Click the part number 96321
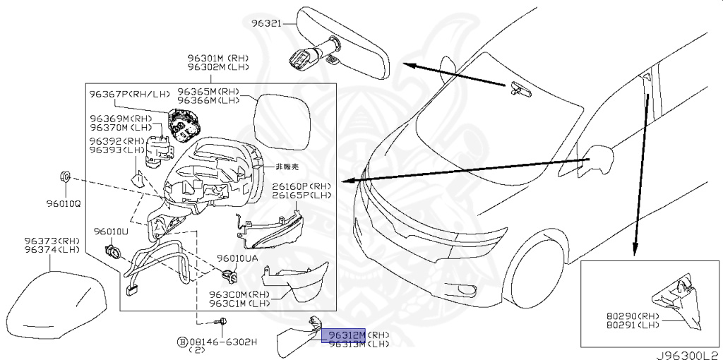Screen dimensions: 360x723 click(267, 23)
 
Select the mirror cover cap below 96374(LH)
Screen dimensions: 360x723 click(52, 300)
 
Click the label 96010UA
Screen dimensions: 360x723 click(238, 258)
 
